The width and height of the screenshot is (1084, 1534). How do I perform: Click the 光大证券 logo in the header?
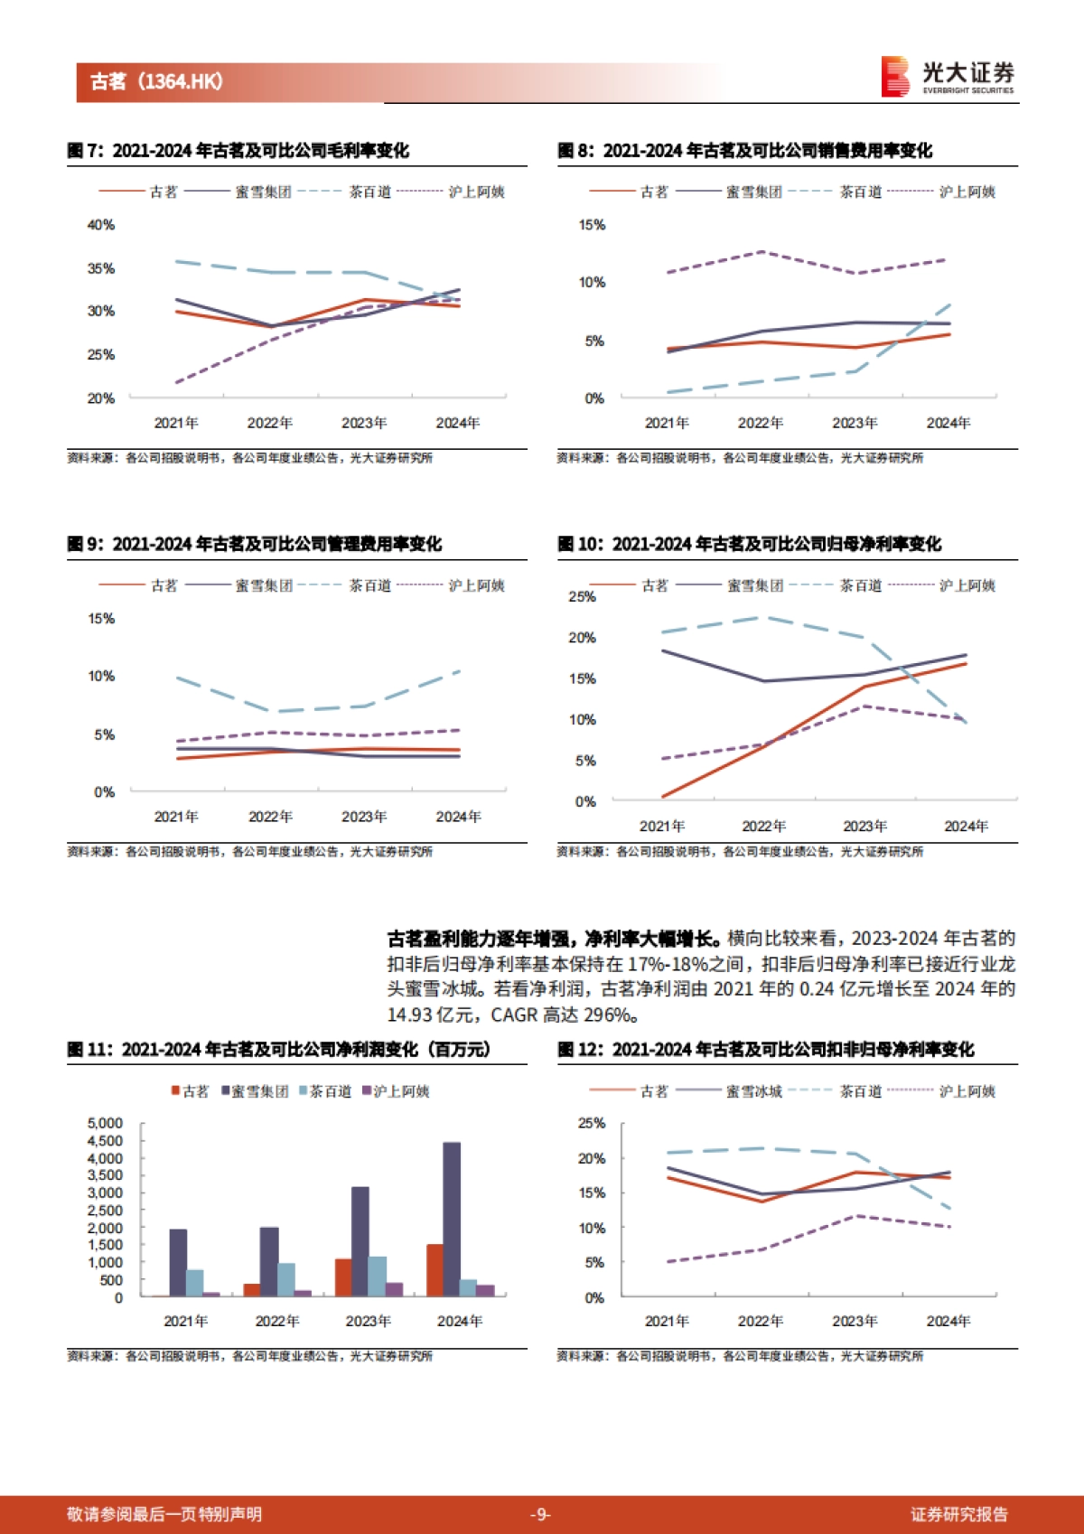tap(948, 77)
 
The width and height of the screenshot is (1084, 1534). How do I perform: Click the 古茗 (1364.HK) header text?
tap(156, 82)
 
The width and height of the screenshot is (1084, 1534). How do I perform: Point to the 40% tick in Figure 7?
tap(100, 225)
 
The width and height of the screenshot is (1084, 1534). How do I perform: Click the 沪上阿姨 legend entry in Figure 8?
tap(967, 192)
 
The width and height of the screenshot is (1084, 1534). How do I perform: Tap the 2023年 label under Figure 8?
tap(854, 423)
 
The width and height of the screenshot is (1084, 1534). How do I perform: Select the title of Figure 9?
tap(254, 544)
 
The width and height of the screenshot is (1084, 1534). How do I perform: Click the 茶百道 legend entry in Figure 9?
tap(369, 585)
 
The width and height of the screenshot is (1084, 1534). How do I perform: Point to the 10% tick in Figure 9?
tap(100, 677)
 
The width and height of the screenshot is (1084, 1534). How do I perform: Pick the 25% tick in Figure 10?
tap(582, 596)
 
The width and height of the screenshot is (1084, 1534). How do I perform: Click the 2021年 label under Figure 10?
tap(662, 826)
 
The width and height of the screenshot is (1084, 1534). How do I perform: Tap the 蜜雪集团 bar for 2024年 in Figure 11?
tap(452, 1220)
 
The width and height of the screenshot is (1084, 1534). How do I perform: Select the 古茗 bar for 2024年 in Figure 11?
tap(435, 1270)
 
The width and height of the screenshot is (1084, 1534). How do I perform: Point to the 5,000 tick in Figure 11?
tap(105, 1123)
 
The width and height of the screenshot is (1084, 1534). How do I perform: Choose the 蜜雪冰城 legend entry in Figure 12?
tap(753, 1091)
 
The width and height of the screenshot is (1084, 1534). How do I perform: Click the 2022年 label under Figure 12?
tap(760, 1321)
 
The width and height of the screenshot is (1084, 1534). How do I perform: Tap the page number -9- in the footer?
tap(540, 1514)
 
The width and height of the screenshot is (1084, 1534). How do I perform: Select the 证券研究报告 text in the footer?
tap(958, 1514)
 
